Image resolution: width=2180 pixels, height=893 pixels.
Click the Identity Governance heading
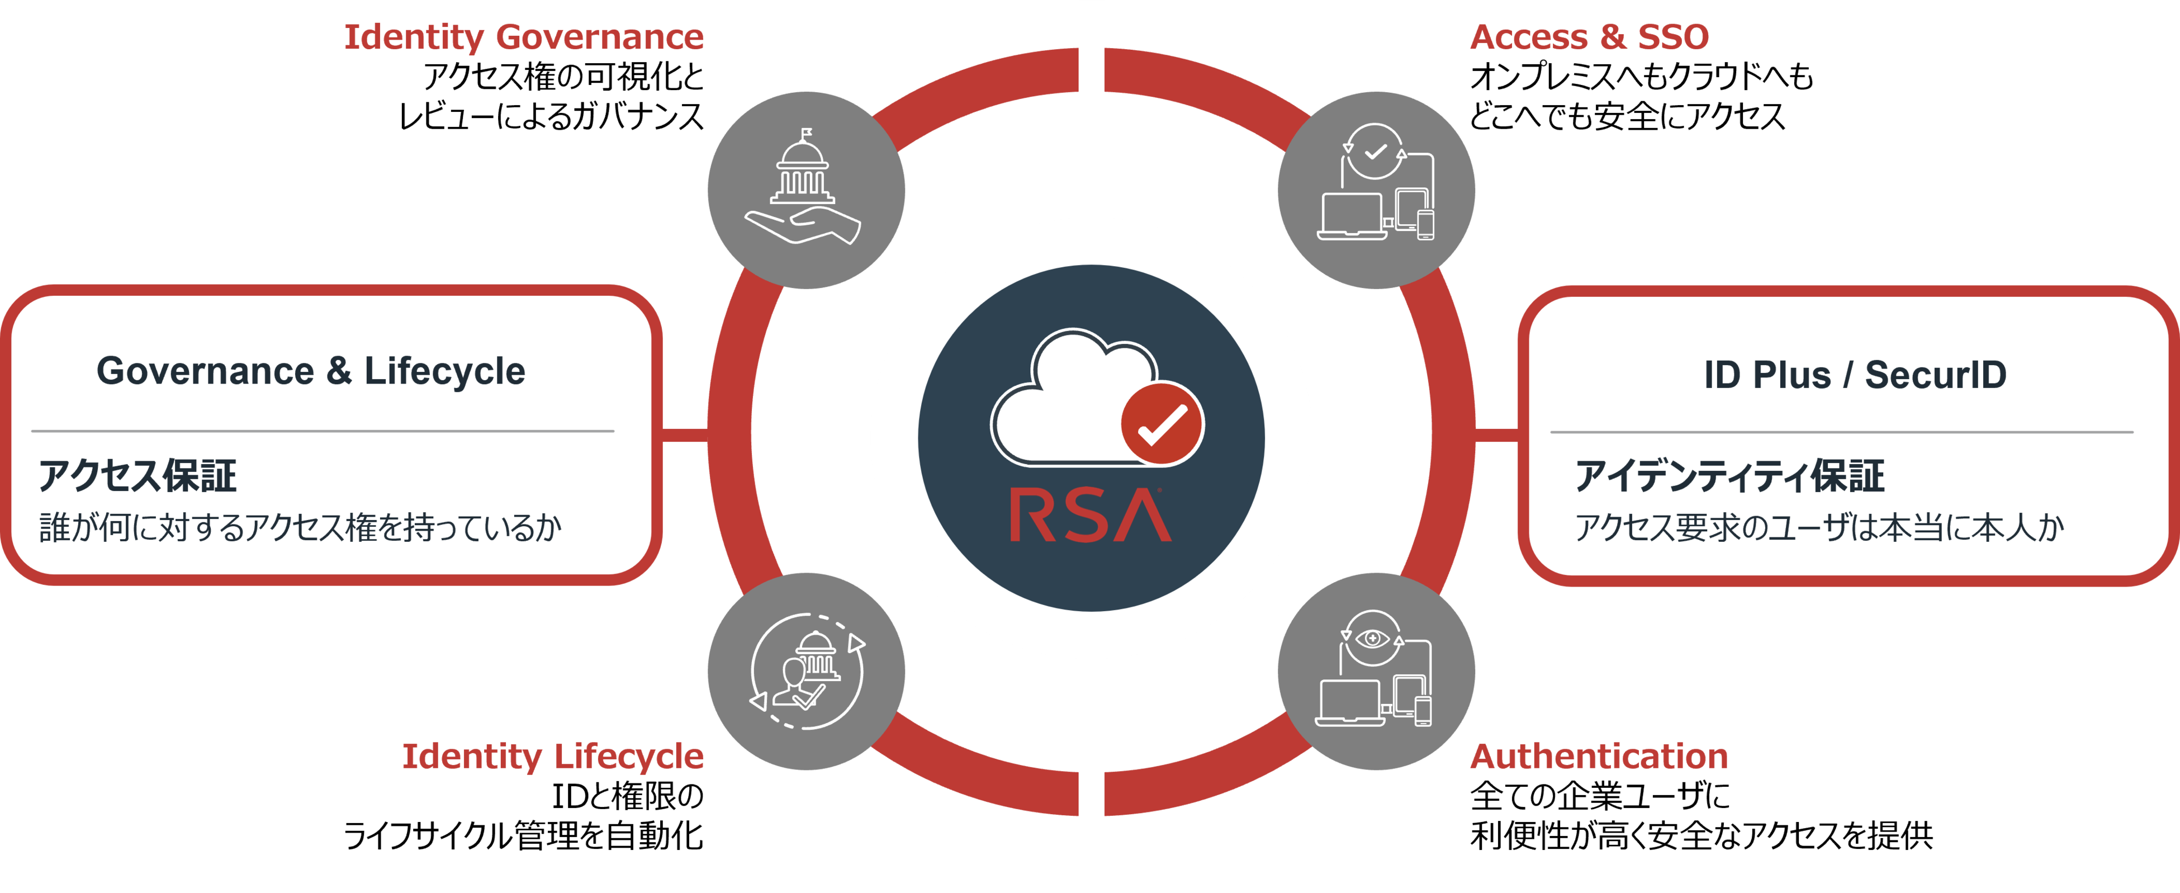tap(523, 37)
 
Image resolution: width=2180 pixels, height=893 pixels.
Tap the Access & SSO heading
tap(1589, 37)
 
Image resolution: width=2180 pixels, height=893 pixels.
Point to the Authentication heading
tap(1599, 756)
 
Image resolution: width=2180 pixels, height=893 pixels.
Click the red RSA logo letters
tap(1090, 516)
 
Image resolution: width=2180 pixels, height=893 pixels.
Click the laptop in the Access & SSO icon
tap(1352, 216)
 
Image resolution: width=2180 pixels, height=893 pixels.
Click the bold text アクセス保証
tap(137, 476)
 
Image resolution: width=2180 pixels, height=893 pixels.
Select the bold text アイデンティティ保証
tap(1729, 476)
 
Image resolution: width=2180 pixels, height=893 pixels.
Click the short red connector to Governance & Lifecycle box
tap(684, 435)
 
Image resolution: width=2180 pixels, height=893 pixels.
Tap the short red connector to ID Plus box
tap(1496, 435)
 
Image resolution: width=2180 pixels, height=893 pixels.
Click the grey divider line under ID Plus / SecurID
tap(1841, 432)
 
